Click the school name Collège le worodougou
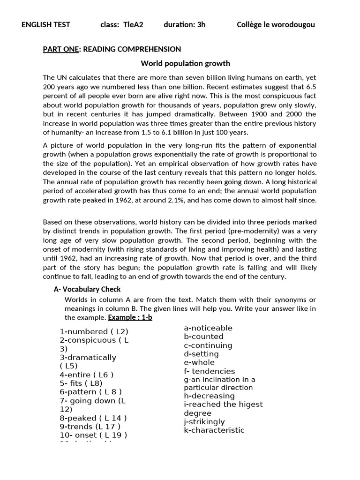click(276, 25)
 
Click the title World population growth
click(186, 63)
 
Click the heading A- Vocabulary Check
click(87, 289)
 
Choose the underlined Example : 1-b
click(130, 317)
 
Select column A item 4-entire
click(86, 375)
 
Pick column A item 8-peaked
click(93, 418)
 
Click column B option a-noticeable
click(208, 328)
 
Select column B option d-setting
click(201, 354)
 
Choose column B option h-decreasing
click(209, 396)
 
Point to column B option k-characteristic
click(214, 430)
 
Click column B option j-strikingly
click(204, 421)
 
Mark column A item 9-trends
click(90, 426)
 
